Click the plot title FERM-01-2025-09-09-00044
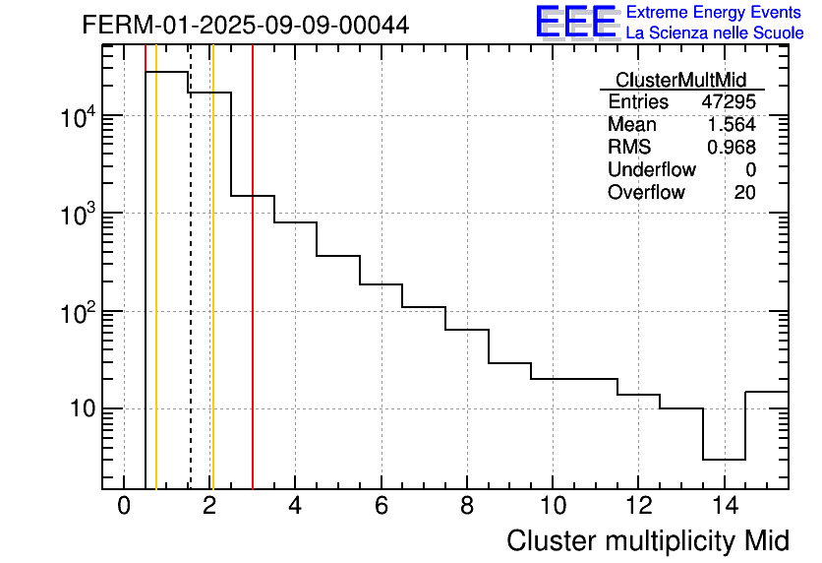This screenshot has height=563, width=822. pyautogui.click(x=245, y=25)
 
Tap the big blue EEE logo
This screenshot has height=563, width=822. pyautogui.click(x=575, y=22)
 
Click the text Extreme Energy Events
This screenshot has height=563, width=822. pyautogui.click(x=715, y=13)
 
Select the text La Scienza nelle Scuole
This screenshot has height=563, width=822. pyautogui.click(x=715, y=33)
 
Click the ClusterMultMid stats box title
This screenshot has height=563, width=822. pyautogui.click(x=680, y=80)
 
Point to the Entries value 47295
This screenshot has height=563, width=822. pyautogui.click(x=729, y=102)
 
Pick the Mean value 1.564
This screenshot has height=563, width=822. pyautogui.click(x=732, y=125)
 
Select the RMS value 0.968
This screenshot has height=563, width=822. pyautogui.click(x=732, y=148)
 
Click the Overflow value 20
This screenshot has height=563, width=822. pyautogui.click(x=744, y=193)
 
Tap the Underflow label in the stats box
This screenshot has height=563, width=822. pyautogui.click(x=651, y=170)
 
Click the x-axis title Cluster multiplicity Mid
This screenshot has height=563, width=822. pyautogui.click(x=647, y=540)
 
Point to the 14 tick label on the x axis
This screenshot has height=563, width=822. pyautogui.click(x=724, y=506)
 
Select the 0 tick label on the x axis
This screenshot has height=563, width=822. pyautogui.click(x=124, y=506)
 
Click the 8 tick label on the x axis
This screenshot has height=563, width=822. pyautogui.click(x=467, y=506)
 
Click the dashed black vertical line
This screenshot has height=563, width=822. pyautogui.click(x=190, y=295)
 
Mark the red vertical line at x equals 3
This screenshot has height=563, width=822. pyautogui.click(x=253, y=295)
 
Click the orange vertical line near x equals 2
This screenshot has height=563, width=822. pyautogui.click(x=212, y=295)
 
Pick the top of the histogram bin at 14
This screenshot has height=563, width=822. pyautogui.click(x=724, y=459)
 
